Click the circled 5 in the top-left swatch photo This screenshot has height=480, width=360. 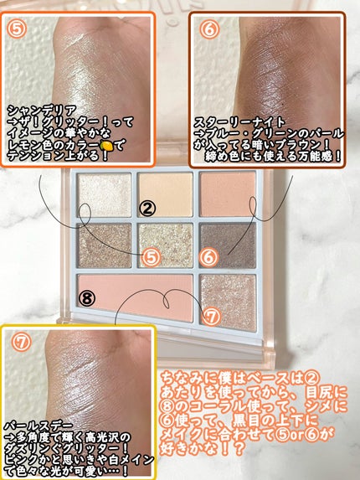click(17, 28)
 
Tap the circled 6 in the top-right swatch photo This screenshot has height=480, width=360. click(209, 29)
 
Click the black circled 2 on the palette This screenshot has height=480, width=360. click(147, 209)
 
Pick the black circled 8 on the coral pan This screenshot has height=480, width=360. click(87, 298)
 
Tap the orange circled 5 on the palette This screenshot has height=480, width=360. click(152, 257)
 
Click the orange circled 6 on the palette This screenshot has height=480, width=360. click(209, 257)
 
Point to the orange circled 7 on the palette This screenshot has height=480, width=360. click(212, 317)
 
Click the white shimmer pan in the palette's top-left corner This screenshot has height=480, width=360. click(104, 195)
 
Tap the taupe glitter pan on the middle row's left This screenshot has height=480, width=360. click(105, 245)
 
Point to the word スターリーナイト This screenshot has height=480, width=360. click(239, 122)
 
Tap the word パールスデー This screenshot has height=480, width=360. click(39, 426)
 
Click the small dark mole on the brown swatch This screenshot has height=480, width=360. click(285, 106)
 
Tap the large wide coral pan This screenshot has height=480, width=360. click(136, 297)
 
